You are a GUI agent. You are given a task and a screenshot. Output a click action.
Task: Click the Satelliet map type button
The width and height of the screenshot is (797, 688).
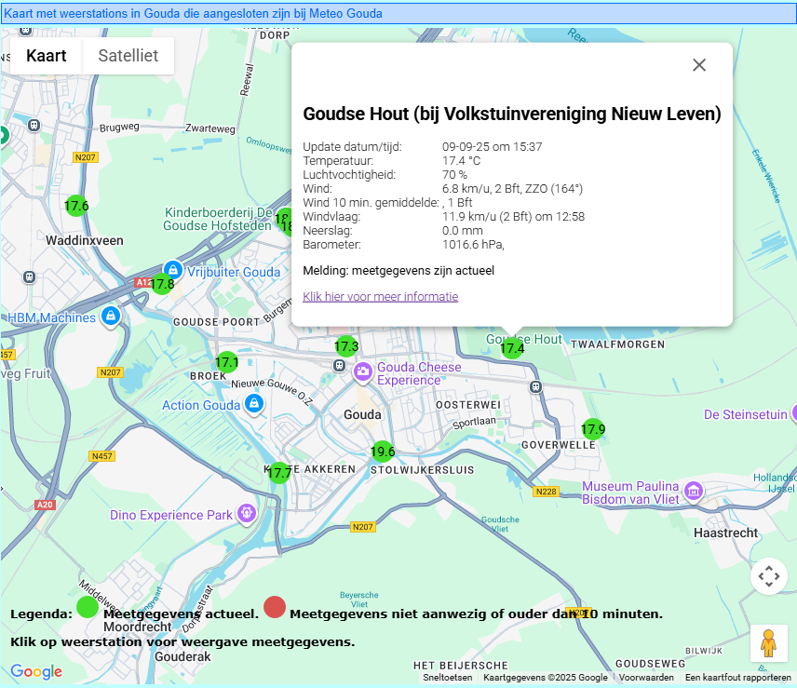128,56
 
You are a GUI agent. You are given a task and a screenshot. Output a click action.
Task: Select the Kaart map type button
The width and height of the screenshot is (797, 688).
47,56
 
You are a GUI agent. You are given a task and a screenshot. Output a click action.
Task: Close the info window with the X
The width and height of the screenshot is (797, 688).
699,65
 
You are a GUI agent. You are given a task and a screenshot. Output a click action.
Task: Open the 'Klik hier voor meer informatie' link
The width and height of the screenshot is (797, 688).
380,297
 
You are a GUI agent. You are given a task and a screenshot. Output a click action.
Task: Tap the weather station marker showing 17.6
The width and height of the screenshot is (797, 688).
76,206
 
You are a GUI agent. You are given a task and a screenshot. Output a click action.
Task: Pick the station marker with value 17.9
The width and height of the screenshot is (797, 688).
593,429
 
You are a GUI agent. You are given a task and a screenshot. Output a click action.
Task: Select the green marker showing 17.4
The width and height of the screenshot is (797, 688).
512,348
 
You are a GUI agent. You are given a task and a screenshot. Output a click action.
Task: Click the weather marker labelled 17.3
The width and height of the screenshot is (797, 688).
345,346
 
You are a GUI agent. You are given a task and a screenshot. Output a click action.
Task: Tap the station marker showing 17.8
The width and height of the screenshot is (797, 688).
162,283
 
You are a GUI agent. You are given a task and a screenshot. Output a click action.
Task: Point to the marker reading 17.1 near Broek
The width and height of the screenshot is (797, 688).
227,362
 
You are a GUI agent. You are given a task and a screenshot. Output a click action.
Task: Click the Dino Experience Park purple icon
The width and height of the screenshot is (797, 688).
246,512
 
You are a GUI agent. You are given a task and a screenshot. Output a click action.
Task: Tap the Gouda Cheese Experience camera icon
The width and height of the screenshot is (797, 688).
362,373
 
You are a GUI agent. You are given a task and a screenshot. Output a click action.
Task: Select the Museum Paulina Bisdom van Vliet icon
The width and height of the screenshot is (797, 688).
693,491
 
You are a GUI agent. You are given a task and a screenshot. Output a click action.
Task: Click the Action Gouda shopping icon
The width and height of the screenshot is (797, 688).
253,404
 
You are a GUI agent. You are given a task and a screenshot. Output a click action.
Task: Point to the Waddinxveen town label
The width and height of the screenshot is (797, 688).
85,240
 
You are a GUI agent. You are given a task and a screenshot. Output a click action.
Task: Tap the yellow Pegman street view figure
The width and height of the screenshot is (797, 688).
768,642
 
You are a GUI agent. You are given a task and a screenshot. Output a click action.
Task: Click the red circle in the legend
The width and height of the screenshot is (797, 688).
274,608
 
